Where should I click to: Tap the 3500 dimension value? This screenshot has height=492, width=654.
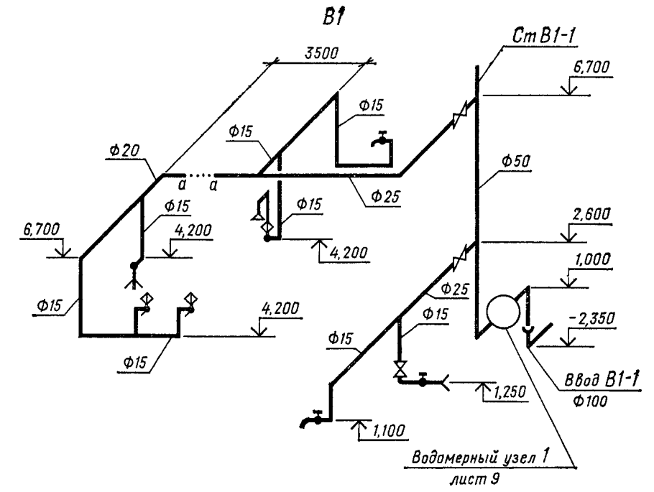click(x=321, y=53)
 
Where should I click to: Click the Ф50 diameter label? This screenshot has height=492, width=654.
click(x=515, y=161)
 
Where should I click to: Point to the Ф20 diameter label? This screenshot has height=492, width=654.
click(x=125, y=151)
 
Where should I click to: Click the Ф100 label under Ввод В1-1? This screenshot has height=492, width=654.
click(x=590, y=402)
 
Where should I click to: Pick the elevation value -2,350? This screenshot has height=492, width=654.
click(x=591, y=319)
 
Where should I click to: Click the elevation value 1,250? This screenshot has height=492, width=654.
click(x=510, y=392)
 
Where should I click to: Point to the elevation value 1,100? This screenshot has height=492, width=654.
click(x=387, y=430)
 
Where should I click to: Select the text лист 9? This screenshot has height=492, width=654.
click(x=474, y=480)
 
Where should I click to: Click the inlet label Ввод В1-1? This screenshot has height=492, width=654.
click(x=601, y=380)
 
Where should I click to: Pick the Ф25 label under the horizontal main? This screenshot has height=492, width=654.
click(x=385, y=196)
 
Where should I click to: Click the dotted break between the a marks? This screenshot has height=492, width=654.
click(x=198, y=175)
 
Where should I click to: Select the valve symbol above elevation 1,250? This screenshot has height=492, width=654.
click(x=401, y=369)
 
